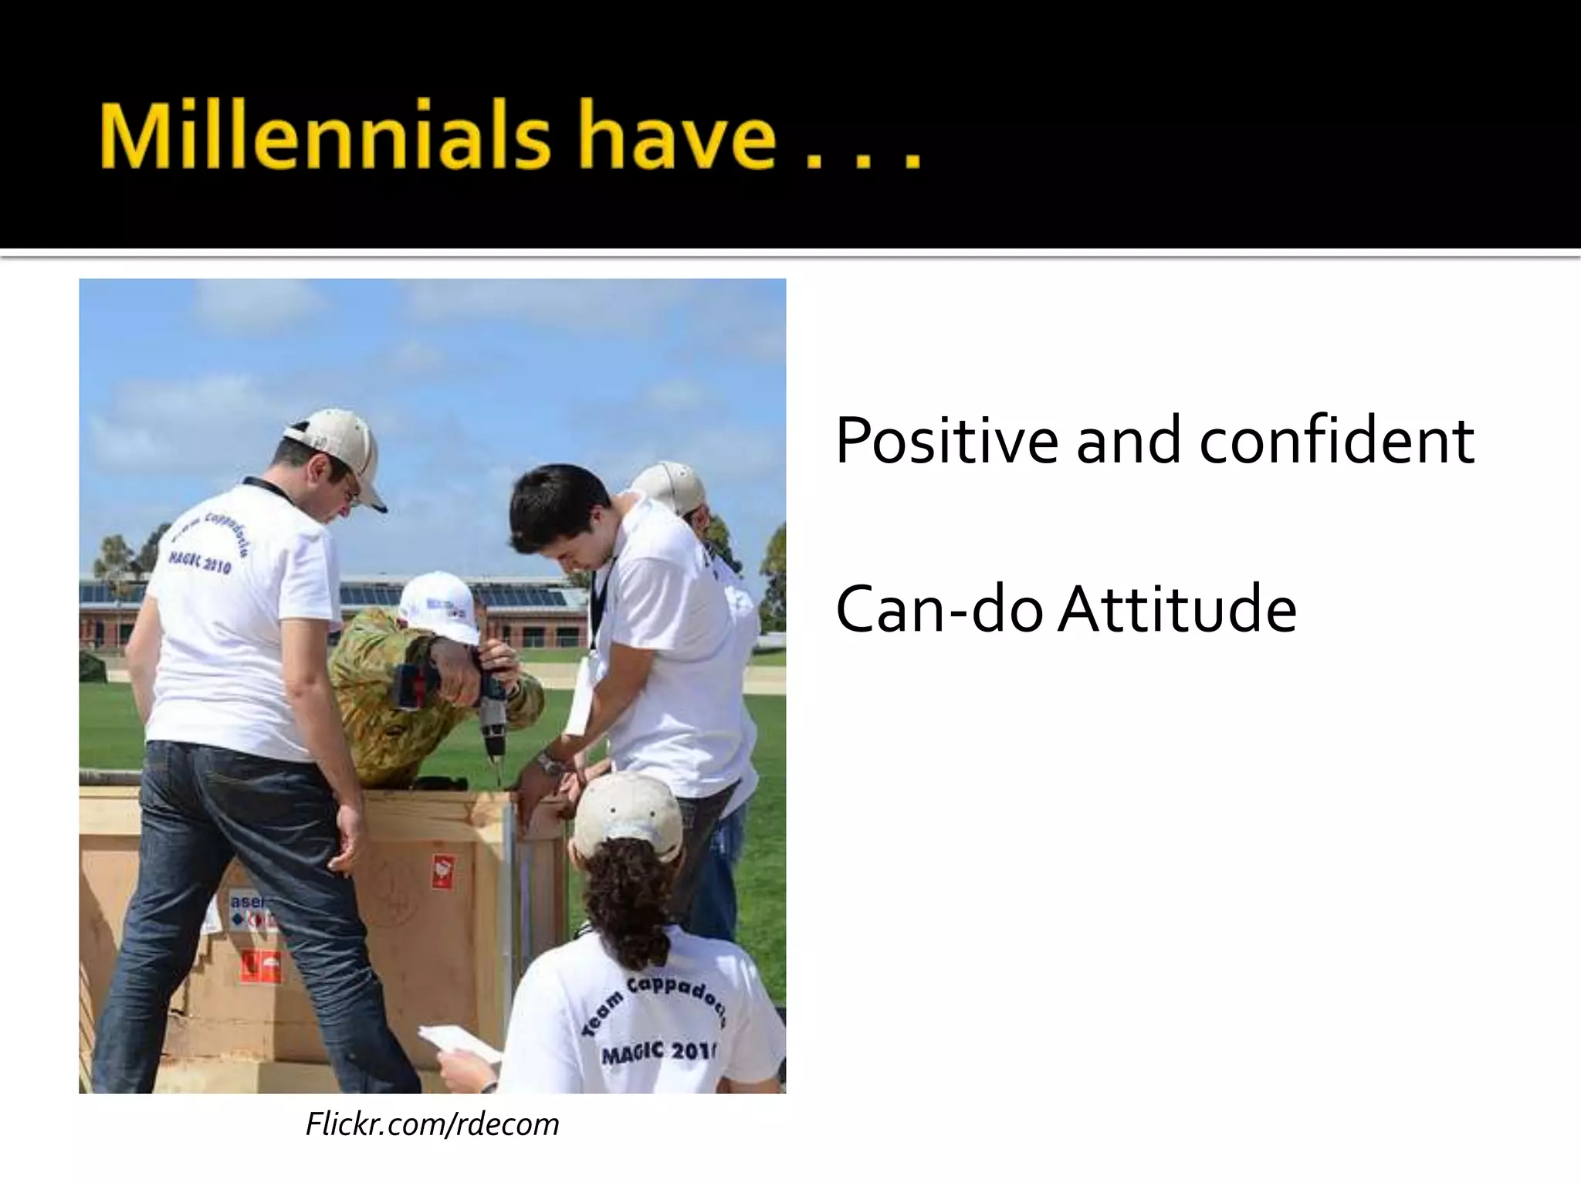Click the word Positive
pyautogui.click(x=946, y=442)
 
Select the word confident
pyautogui.click(x=1336, y=442)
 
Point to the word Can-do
pyautogui.click(x=939, y=610)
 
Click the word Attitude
pyautogui.click(x=1178, y=610)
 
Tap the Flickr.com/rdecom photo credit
pyautogui.click(x=432, y=1124)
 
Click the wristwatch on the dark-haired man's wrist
pyautogui.click(x=550, y=764)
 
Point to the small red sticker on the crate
pyautogui.click(x=442, y=871)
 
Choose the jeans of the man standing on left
pyautogui.click(x=232, y=888)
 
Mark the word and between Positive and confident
pyautogui.click(x=1128, y=442)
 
